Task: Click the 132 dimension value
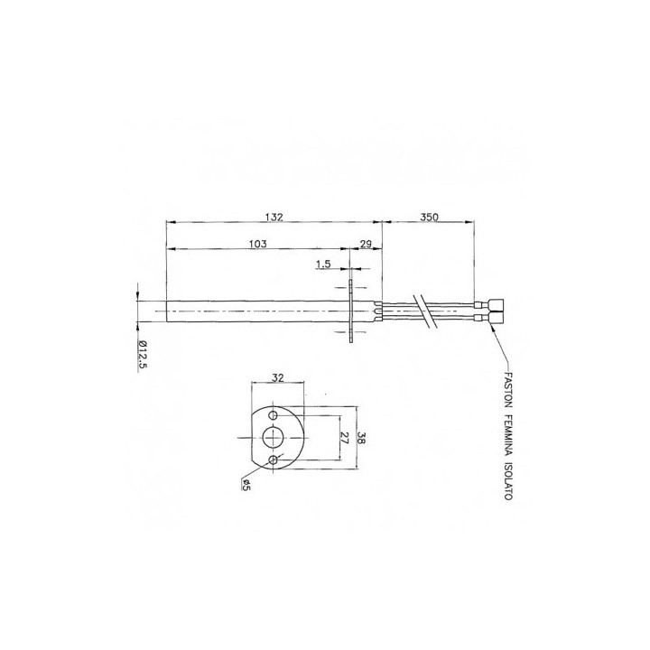(274, 217)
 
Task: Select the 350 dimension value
(429, 217)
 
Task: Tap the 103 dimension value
(258, 244)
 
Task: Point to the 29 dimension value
(366, 244)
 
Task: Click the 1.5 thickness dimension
(323, 264)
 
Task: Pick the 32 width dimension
(277, 377)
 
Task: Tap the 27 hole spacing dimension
(344, 438)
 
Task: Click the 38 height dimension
(361, 438)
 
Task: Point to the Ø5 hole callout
(246, 485)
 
